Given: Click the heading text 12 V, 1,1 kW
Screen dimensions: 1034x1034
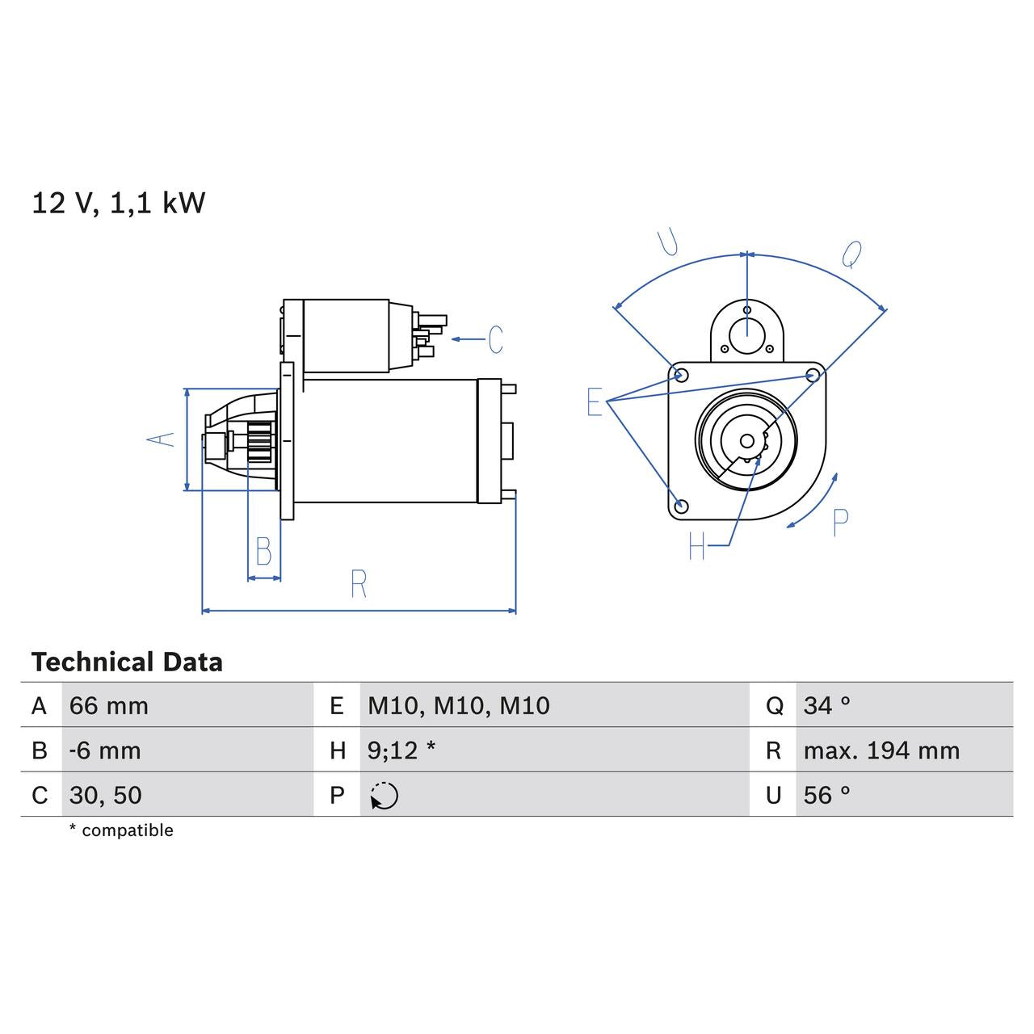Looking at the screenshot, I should [119, 203].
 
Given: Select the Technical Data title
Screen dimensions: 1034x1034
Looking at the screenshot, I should [127, 662].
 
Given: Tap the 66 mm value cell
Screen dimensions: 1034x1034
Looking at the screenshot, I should [109, 706].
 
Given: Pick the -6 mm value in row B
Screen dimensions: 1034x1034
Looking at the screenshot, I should [105, 750].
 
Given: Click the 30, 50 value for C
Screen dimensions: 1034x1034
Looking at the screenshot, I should [106, 796].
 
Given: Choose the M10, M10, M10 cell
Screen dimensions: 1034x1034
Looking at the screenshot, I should [458, 706].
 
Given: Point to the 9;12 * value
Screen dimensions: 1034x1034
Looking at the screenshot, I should [401, 750].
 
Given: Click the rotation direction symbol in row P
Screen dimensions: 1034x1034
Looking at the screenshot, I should [385, 796].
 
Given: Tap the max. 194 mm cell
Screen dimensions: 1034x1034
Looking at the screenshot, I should [881, 750].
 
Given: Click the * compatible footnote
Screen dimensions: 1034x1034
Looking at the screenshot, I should [121, 830].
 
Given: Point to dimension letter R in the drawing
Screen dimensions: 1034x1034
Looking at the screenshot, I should [359, 583].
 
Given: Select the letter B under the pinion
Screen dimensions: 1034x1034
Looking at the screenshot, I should [263, 551].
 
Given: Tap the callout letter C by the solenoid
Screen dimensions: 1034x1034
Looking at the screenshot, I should [495, 339].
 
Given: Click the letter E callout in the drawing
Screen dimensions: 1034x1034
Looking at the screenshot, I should [595, 401].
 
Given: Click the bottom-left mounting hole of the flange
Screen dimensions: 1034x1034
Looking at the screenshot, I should [681, 506].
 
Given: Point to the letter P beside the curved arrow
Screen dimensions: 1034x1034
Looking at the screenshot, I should [840, 523].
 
